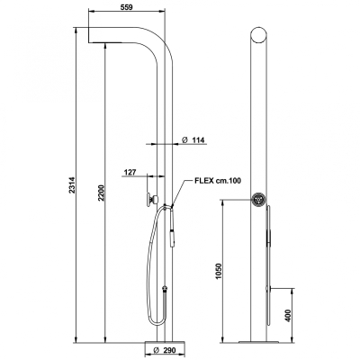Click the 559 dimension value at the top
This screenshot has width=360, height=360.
tap(126, 7)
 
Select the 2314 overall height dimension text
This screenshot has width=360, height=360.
tap(72, 185)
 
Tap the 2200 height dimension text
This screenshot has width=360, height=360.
tap(101, 193)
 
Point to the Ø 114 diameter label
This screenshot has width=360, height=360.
tap(193, 139)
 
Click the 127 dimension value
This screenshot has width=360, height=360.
tap(130, 172)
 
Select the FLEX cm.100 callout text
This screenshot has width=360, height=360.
tap(218, 181)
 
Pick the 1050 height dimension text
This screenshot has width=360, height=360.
tap(219, 271)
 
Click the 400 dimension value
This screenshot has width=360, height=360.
tap(288, 316)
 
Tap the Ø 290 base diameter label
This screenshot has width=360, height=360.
tap(164, 350)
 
